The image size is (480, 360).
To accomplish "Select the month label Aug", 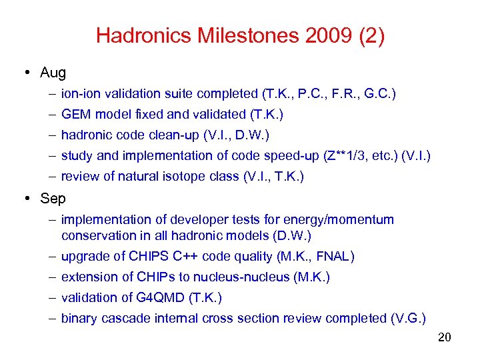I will point(53,72).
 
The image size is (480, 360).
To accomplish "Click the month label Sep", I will point(53,199).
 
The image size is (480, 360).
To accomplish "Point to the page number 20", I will point(445,337).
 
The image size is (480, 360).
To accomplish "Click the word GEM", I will point(75,115).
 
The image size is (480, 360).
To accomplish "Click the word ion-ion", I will point(79,94).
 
